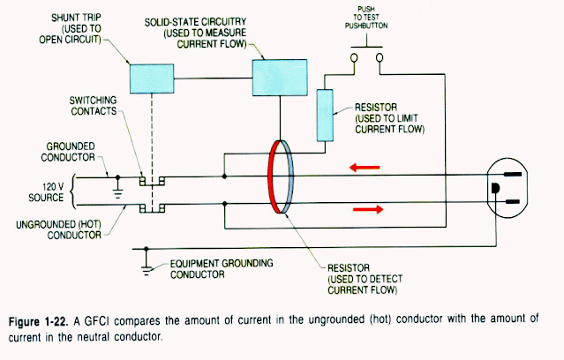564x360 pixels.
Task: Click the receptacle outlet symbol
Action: [506, 190]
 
